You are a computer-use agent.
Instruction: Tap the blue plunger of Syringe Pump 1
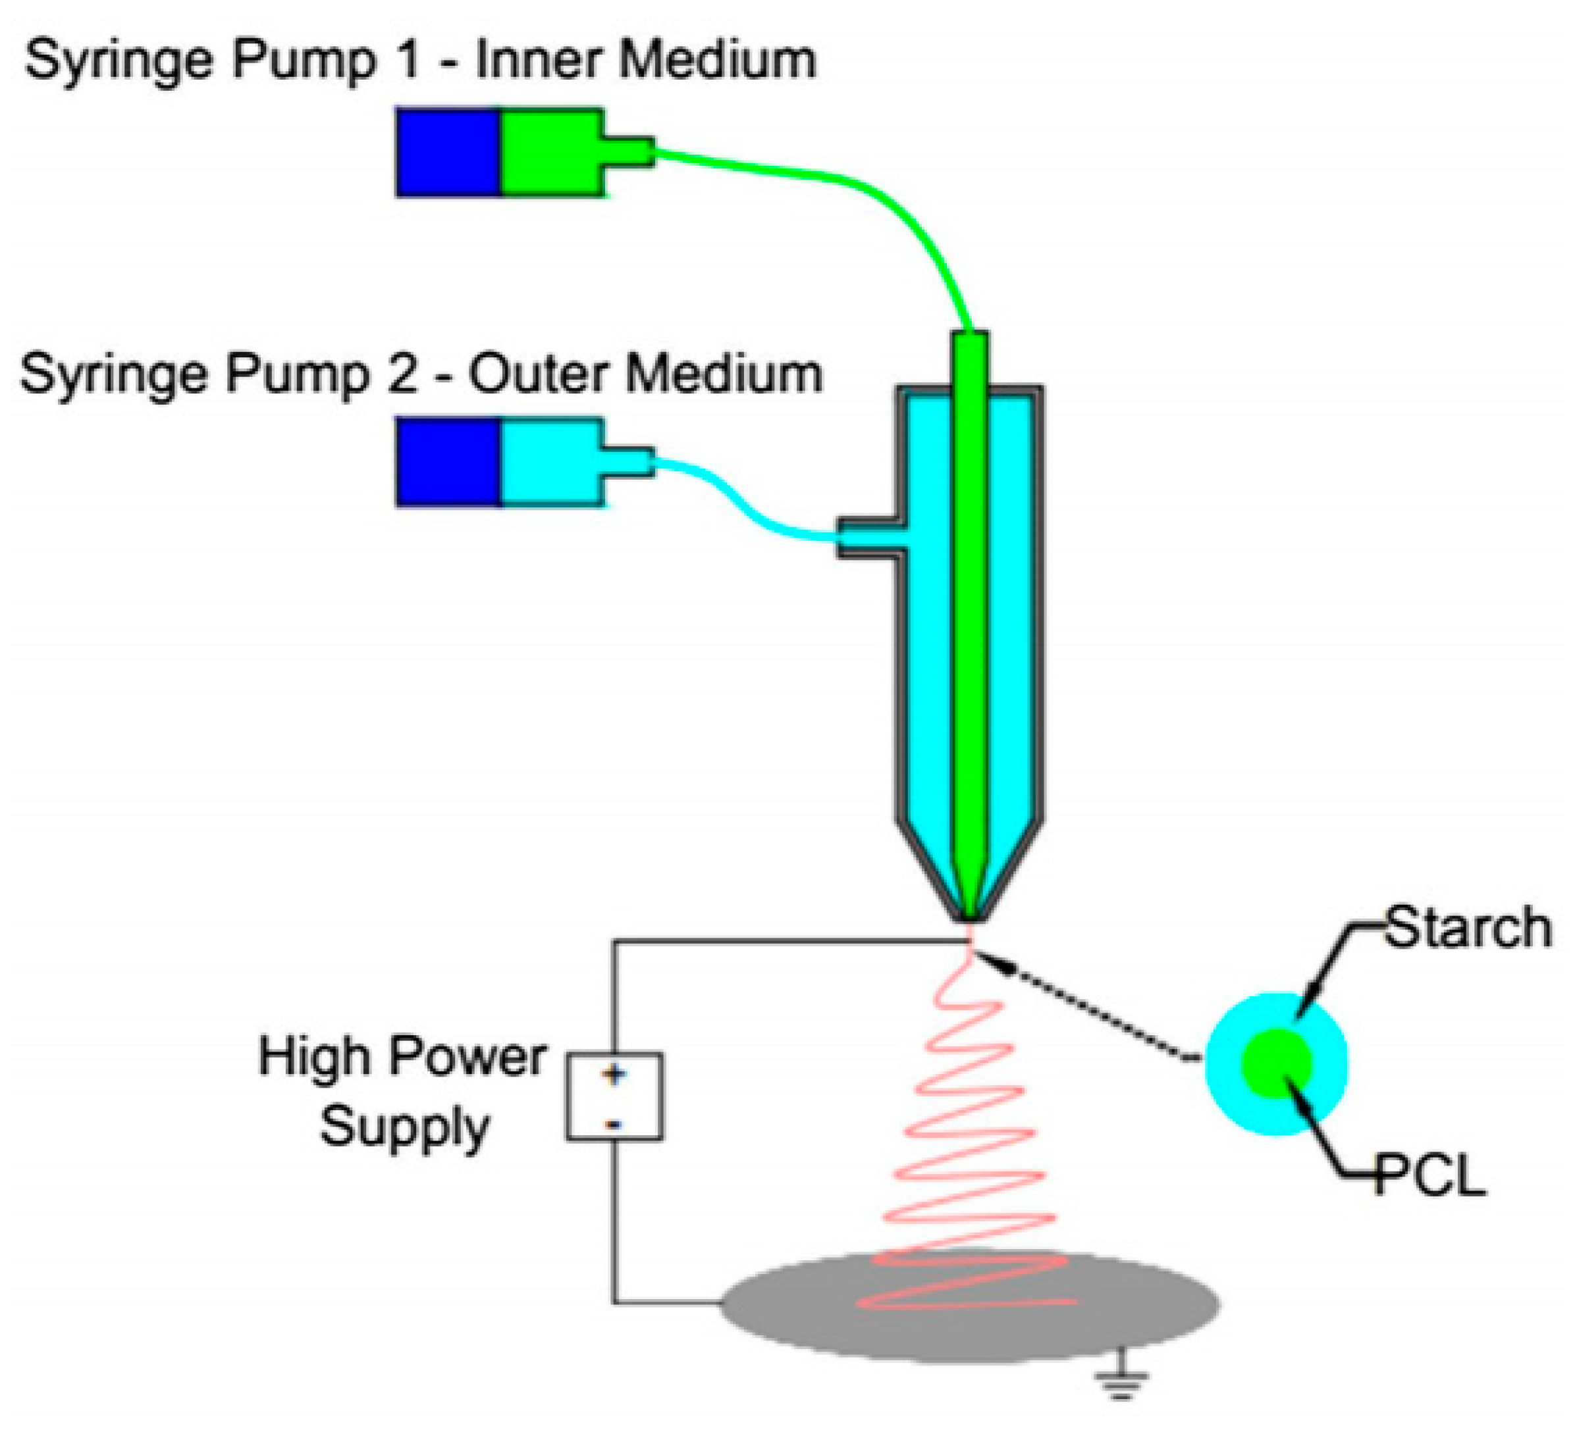pos(448,152)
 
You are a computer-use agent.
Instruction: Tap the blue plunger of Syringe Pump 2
pos(448,463)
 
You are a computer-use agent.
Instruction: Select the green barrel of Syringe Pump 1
pos(550,152)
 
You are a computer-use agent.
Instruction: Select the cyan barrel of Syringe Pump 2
pos(550,463)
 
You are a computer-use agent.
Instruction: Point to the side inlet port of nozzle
pos(867,538)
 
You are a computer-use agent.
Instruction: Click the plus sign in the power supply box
pos(614,1075)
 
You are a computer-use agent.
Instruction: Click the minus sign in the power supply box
pos(614,1125)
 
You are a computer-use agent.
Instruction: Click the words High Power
pos(402,1058)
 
